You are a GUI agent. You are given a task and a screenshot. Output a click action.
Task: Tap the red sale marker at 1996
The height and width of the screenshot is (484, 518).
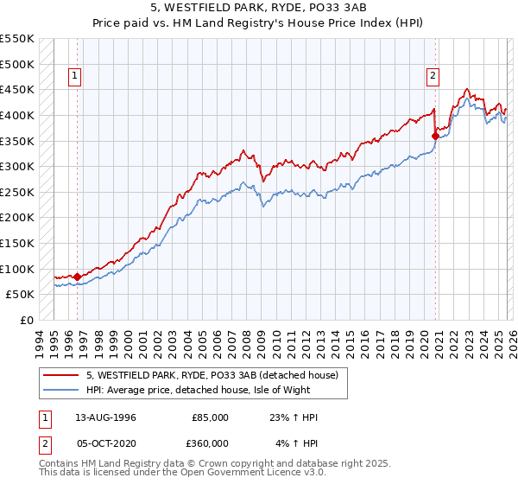[x=78, y=277]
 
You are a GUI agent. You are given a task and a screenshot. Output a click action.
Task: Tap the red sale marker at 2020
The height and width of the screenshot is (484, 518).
[x=435, y=136]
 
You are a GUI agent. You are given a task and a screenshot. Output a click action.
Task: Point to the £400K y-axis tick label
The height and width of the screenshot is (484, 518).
[x=17, y=115]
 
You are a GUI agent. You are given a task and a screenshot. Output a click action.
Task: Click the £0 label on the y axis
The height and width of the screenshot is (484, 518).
[x=27, y=320]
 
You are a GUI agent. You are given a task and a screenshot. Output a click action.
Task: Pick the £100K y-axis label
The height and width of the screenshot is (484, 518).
[x=17, y=269]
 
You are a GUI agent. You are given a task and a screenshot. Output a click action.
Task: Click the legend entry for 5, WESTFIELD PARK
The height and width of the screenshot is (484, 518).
[x=217, y=375]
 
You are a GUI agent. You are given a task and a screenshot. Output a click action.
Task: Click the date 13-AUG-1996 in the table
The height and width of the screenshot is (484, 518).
[x=101, y=417]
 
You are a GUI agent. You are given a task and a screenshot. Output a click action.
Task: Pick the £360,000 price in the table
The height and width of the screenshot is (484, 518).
[x=210, y=443]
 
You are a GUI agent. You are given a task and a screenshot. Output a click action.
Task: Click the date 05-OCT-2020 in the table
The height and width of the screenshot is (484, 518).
[x=101, y=443]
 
